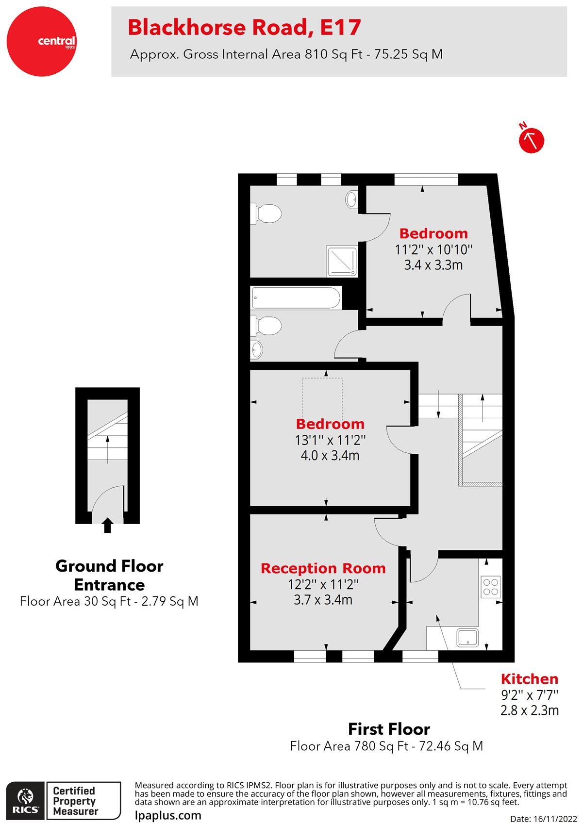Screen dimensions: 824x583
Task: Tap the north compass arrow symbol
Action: (532, 140)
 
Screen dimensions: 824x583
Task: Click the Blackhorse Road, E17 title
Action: (244, 28)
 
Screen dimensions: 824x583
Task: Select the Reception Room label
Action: (323, 568)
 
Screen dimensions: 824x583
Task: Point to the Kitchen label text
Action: (529, 679)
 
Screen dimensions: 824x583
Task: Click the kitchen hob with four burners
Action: (490, 586)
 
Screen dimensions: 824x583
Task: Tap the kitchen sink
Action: (467, 637)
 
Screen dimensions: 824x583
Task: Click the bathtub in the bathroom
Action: (296, 297)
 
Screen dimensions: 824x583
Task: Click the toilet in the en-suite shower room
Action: (267, 214)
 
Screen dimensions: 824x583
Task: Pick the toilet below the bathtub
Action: (267, 326)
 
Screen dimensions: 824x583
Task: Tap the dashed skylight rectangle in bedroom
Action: (322, 400)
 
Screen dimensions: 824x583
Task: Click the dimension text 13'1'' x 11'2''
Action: (330, 440)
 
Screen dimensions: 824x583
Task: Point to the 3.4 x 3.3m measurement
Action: (433, 265)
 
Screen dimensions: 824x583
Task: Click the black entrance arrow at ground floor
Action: (108, 525)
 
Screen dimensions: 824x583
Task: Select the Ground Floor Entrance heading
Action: (109, 575)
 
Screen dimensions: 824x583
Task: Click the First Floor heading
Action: (389, 729)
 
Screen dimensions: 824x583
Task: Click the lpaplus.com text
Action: (167, 815)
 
